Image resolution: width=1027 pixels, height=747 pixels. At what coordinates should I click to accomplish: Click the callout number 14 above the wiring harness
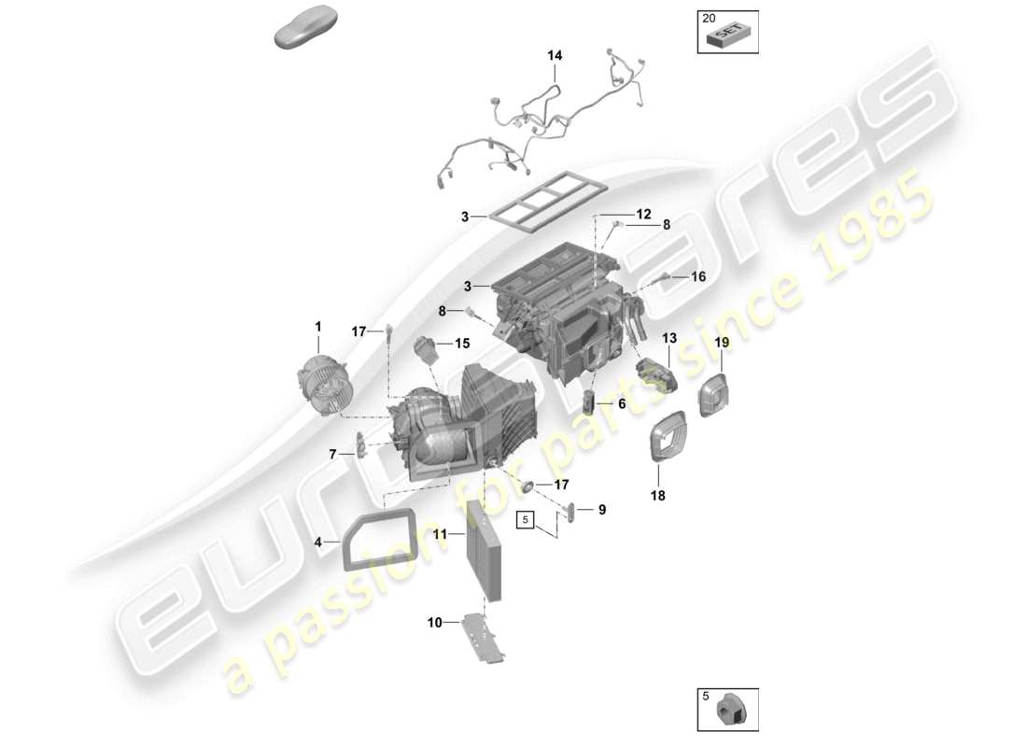[555, 56]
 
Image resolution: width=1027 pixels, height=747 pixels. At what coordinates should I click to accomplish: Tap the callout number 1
[317, 327]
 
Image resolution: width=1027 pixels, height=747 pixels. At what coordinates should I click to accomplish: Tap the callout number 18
[658, 497]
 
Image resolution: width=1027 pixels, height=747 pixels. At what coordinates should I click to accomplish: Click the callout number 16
[698, 277]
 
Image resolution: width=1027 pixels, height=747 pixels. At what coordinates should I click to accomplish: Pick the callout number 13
[669, 338]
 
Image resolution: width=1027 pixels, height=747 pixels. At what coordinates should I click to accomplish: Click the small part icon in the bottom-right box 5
[729, 714]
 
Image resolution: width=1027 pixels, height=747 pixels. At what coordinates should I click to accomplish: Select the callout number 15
[462, 344]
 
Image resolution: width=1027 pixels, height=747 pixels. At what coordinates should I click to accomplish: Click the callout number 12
[644, 215]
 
